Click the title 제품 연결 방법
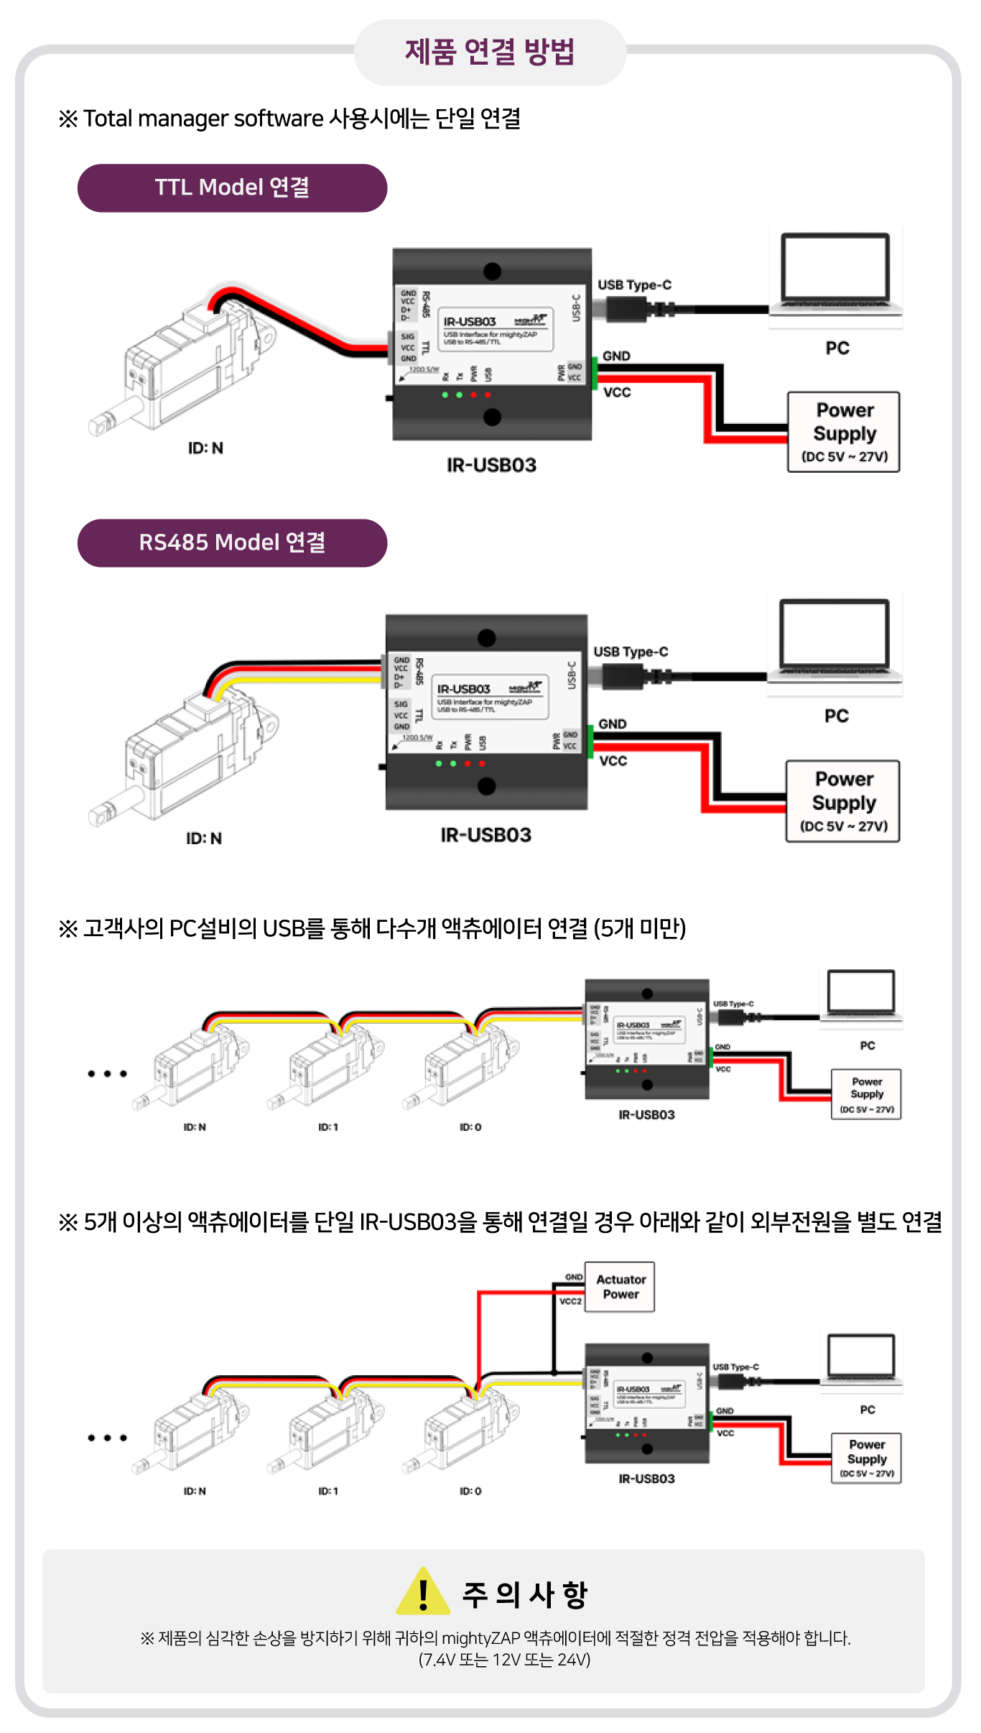(490, 52)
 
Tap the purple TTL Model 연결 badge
(232, 188)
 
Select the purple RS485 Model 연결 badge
(232, 542)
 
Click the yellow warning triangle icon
(423, 1592)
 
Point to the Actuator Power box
(620, 1287)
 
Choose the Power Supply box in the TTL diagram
(844, 432)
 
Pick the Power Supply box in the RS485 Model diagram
(843, 801)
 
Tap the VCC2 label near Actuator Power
(570, 1301)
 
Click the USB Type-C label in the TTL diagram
(634, 285)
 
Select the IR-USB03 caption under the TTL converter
(491, 466)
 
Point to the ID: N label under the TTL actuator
(205, 448)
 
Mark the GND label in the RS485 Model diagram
(613, 724)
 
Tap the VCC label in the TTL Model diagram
(617, 392)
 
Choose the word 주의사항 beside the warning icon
(525, 1595)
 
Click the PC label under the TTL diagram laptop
(837, 348)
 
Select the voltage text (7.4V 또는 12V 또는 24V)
(504, 1660)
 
